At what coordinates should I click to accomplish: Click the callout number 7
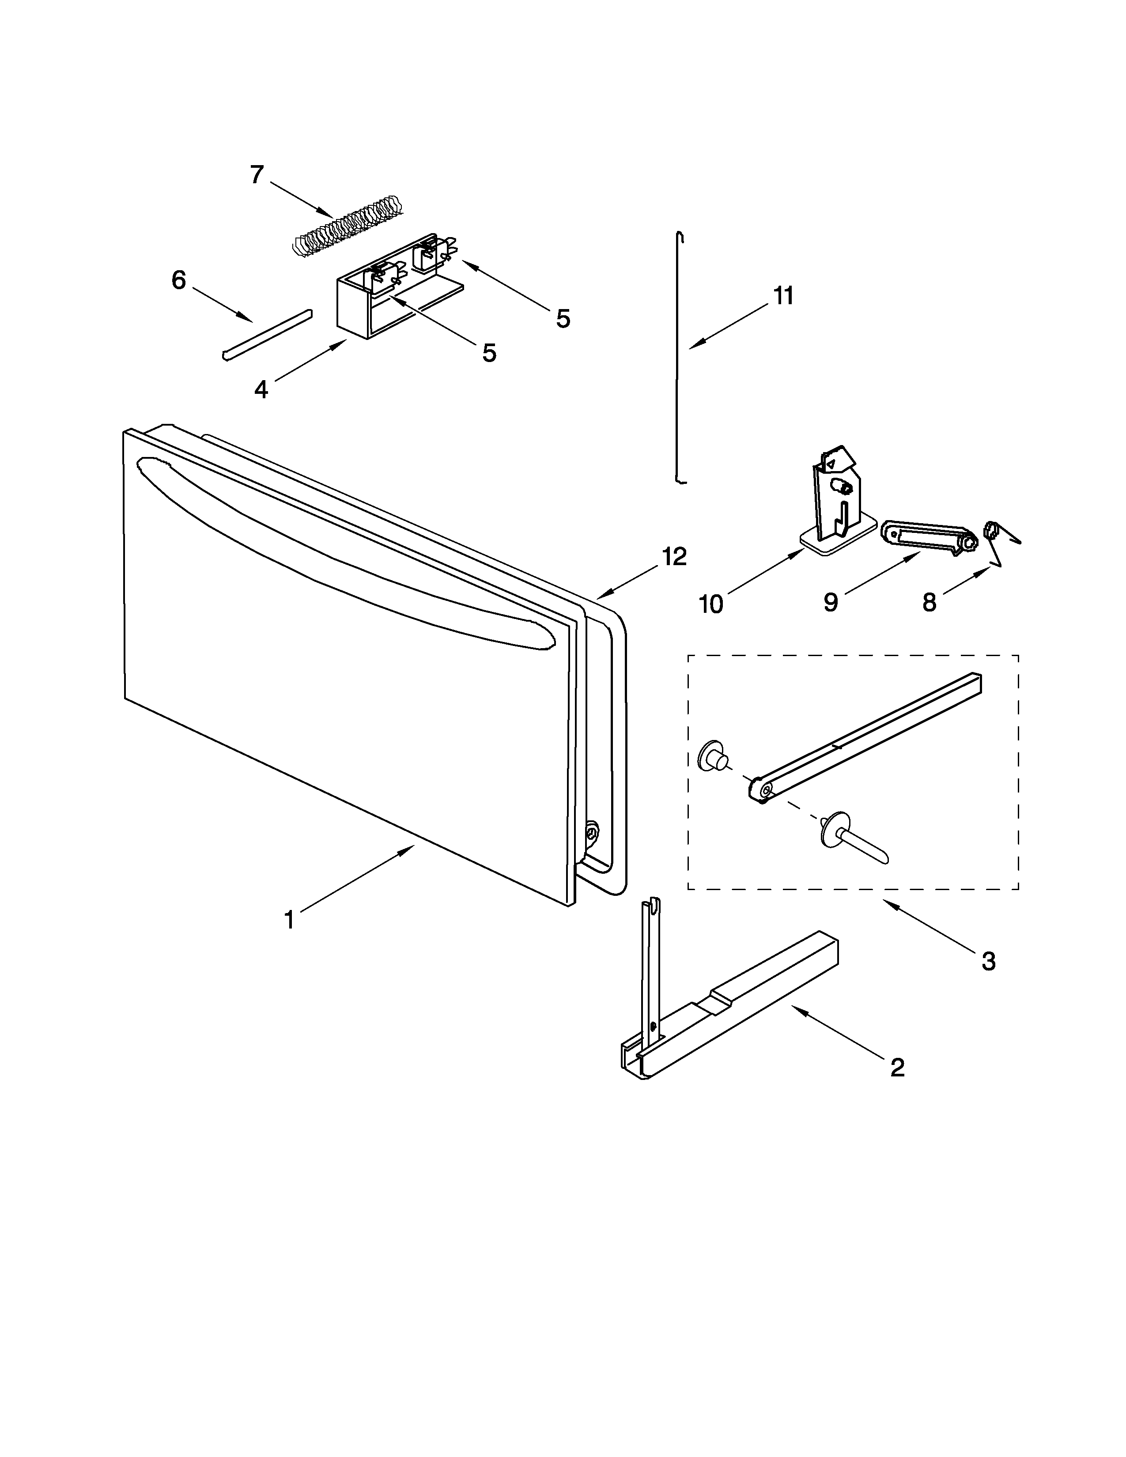click(x=257, y=175)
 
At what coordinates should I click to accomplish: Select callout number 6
click(x=178, y=280)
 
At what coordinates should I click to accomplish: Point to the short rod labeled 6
click(x=267, y=333)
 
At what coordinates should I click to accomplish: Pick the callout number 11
click(x=784, y=295)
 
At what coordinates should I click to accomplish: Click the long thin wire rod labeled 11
click(x=678, y=360)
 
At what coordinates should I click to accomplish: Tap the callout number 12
click(x=674, y=556)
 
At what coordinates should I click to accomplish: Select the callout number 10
click(x=711, y=604)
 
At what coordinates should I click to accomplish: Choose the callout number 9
click(x=831, y=602)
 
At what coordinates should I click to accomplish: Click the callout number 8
click(x=929, y=602)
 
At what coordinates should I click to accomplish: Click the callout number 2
click(x=897, y=1068)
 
